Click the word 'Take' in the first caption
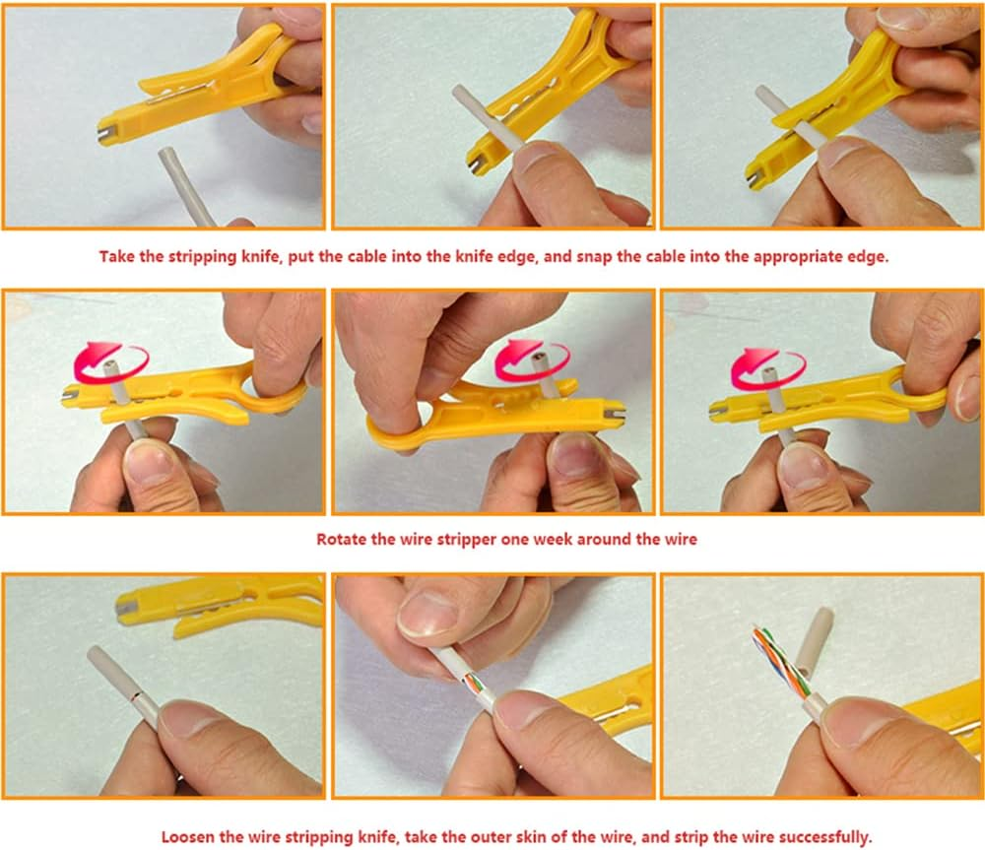116,257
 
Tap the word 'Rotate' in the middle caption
339,539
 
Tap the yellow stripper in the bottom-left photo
227,603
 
